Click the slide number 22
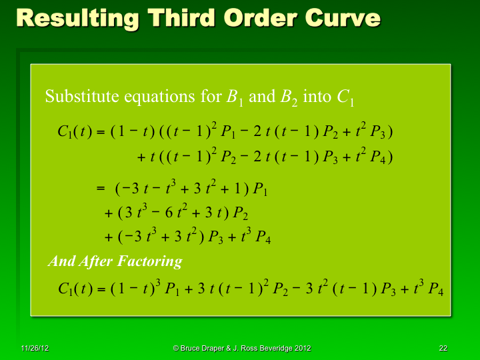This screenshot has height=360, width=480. pos(443,349)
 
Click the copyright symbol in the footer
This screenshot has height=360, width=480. pos(175,349)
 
